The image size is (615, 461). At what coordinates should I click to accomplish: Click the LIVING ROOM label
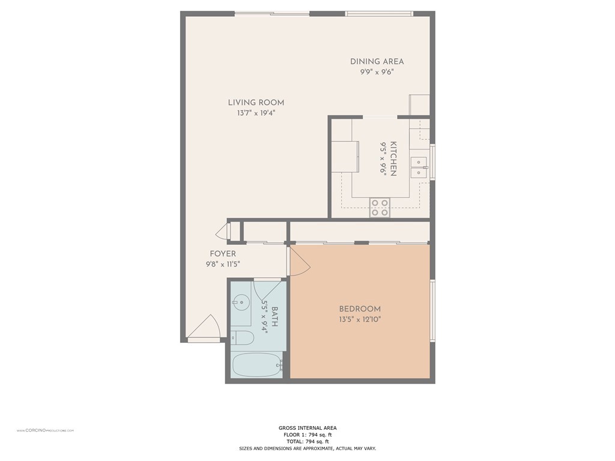pyautogui.click(x=256, y=103)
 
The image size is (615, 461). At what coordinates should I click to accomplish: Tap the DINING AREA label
pyautogui.click(x=377, y=62)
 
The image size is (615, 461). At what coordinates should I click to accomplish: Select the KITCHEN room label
pyautogui.click(x=393, y=158)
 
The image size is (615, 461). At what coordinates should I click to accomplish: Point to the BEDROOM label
pyautogui.click(x=360, y=309)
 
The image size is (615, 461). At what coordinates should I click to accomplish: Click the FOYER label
pyautogui.click(x=223, y=254)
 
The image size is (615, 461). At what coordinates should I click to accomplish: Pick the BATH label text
pyautogui.click(x=274, y=317)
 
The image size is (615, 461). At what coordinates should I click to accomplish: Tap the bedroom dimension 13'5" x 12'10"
pyautogui.click(x=360, y=319)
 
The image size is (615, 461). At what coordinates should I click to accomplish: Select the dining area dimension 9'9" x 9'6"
pyautogui.click(x=377, y=72)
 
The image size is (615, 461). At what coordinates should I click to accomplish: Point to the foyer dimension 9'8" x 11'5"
pyautogui.click(x=223, y=264)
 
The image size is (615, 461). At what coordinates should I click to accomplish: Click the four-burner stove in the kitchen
pyautogui.click(x=380, y=208)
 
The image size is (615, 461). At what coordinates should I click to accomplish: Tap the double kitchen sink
pyautogui.click(x=419, y=167)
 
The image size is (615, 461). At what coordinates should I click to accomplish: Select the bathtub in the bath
pyautogui.click(x=257, y=365)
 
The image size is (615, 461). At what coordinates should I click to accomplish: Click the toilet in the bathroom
pyautogui.click(x=242, y=337)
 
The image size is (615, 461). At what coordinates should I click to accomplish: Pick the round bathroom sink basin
pyautogui.click(x=240, y=303)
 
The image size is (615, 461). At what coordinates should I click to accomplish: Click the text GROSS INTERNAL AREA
pyautogui.click(x=307, y=428)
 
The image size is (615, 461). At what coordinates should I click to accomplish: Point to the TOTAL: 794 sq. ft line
pyautogui.click(x=307, y=441)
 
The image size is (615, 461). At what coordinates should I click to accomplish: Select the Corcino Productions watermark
pyautogui.click(x=45, y=430)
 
